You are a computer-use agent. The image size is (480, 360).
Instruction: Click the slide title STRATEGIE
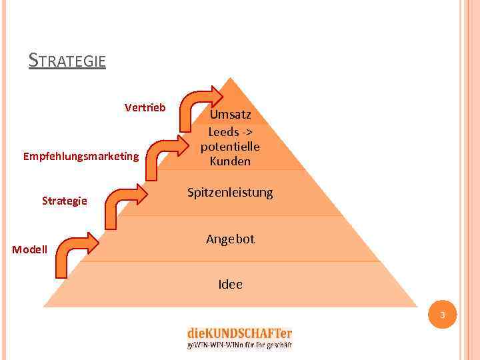tap(67, 61)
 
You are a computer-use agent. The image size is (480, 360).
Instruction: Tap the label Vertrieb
tap(145, 107)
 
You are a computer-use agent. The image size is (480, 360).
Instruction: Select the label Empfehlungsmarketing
tap(81, 157)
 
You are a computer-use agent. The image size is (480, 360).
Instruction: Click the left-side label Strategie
tap(64, 201)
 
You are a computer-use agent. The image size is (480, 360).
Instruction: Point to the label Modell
tap(30, 250)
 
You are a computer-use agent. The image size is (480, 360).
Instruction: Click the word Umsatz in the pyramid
tap(231, 114)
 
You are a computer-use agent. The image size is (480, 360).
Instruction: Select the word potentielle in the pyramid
tap(230, 147)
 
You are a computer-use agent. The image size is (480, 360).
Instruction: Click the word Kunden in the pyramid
tap(230, 161)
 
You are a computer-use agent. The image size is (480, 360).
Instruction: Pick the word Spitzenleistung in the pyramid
tap(230, 193)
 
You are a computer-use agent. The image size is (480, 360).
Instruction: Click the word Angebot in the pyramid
tap(230, 239)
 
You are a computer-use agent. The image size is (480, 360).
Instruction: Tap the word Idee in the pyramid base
tap(230, 285)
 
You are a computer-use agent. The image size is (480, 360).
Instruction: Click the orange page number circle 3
tap(442, 314)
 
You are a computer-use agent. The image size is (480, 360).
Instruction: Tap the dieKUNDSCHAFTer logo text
tap(239, 333)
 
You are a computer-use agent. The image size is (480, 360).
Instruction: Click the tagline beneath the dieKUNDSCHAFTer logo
tap(239, 345)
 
